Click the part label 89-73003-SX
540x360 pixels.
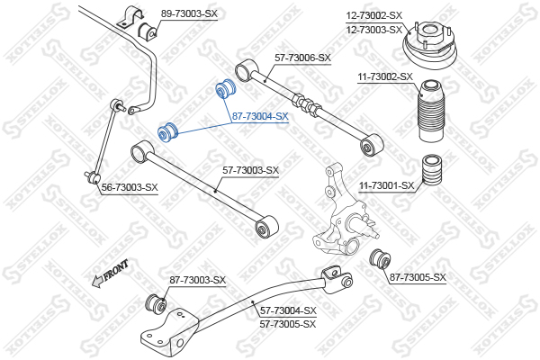[189, 13]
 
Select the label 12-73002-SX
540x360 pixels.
[374, 15]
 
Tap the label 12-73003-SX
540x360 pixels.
[374, 29]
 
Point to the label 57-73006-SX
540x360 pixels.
[302, 58]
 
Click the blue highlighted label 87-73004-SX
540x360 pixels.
[259, 116]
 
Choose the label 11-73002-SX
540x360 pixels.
[385, 77]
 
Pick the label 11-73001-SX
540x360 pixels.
[387, 185]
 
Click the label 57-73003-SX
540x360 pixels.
[251, 169]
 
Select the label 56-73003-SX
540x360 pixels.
[130, 187]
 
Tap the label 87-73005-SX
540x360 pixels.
[418, 276]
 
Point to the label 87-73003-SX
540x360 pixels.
[197, 280]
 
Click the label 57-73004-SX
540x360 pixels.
[288, 310]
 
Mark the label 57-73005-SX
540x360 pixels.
[288, 323]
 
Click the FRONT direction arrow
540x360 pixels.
[110, 274]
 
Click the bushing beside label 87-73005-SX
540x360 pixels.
[380, 258]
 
